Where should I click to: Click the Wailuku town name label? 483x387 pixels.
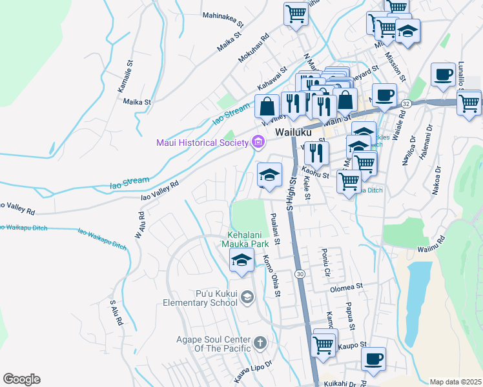[293, 132]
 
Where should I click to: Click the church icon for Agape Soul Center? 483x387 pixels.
[260, 342]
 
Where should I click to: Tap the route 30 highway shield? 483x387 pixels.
[301, 274]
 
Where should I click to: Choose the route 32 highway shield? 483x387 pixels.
[406, 103]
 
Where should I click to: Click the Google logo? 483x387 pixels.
[21, 379]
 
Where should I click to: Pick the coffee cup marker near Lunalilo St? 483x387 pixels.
[443, 75]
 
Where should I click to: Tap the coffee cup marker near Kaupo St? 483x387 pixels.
[373, 359]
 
